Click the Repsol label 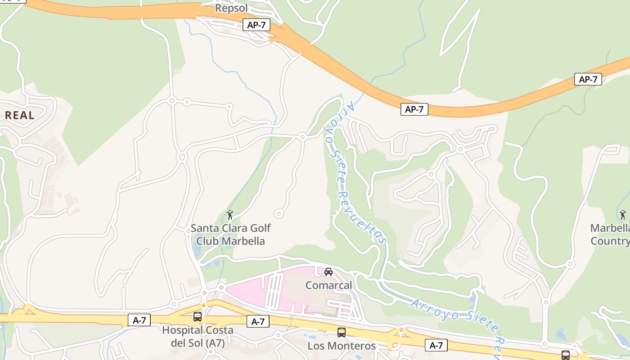(x=231, y=8)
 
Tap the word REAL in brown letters (x=20, y=115)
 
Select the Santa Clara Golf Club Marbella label (x=231, y=234)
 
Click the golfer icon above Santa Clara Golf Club (x=230, y=215)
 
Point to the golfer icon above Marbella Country (x=623, y=215)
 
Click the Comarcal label (x=328, y=285)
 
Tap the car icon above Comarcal (x=328, y=272)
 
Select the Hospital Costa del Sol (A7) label (x=198, y=336)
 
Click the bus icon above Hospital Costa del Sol (x=198, y=317)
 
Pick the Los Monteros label (x=342, y=346)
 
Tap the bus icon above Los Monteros (x=342, y=333)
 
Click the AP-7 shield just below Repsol (x=256, y=25)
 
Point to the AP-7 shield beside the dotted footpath (x=588, y=79)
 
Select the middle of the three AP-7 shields (x=414, y=109)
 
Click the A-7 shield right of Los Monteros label (x=436, y=345)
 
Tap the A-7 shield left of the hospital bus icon (x=139, y=320)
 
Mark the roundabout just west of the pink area (x=220, y=288)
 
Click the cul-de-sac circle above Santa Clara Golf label (x=279, y=214)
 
